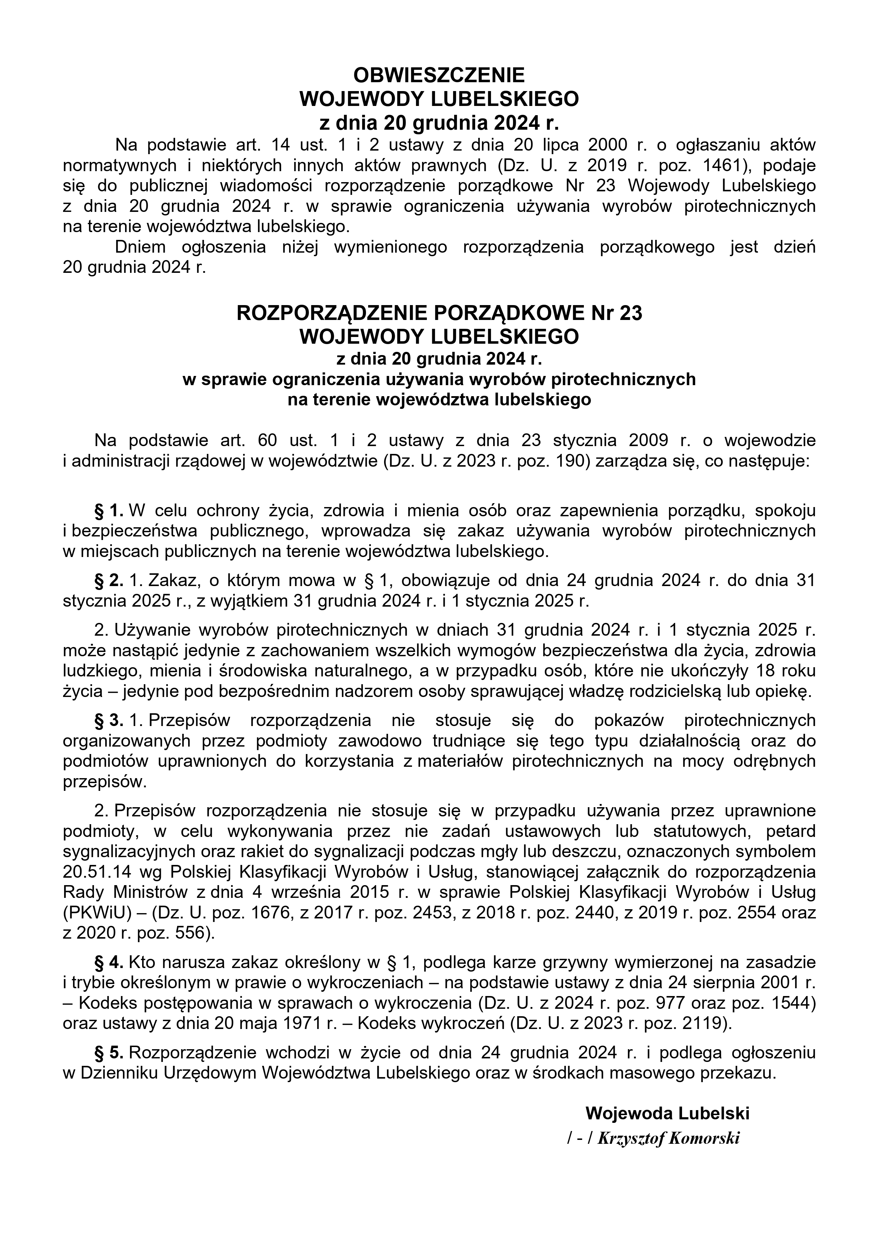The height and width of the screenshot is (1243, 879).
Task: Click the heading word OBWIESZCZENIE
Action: (x=439, y=74)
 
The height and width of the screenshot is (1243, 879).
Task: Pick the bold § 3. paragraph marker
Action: (x=110, y=721)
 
